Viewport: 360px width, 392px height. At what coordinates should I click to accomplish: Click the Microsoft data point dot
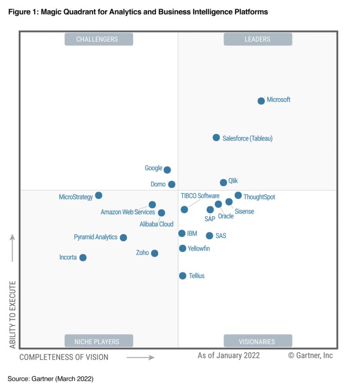pyautogui.click(x=261, y=101)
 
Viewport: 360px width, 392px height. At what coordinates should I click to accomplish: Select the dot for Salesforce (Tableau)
pyautogui.click(x=216, y=138)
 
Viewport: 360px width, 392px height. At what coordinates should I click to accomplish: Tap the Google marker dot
pyautogui.click(x=167, y=170)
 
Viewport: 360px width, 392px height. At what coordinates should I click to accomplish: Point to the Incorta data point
pyautogui.click(x=83, y=258)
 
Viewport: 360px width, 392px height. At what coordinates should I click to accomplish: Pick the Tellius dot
pyautogui.click(x=182, y=276)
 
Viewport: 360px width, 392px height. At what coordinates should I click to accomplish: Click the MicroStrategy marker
pyautogui.click(x=99, y=195)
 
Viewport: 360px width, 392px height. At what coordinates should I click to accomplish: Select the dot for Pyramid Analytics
pyautogui.click(x=123, y=237)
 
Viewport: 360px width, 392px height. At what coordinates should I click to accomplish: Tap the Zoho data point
pyautogui.click(x=154, y=253)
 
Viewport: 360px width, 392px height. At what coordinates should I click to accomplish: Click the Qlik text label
pyautogui.click(x=233, y=181)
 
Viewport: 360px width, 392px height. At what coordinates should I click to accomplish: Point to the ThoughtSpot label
pyautogui.click(x=259, y=197)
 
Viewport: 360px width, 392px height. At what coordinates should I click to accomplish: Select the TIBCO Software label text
pyautogui.click(x=200, y=196)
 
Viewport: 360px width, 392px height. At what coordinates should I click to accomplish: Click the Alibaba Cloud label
pyautogui.click(x=156, y=224)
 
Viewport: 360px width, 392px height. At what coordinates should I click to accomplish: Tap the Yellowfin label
pyautogui.click(x=198, y=249)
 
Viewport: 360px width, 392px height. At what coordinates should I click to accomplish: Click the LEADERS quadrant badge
pyautogui.click(x=257, y=39)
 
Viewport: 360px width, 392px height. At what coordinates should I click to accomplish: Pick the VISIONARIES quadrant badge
pyautogui.click(x=257, y=341)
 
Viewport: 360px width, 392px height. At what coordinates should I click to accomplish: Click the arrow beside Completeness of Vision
pyautogui.click(x=140, y=357)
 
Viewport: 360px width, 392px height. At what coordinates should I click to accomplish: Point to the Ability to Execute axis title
pyautogui.click(x=13, y=315)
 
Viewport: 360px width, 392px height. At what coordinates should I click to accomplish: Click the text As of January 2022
pyautogui.click(x=229, y=356)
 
